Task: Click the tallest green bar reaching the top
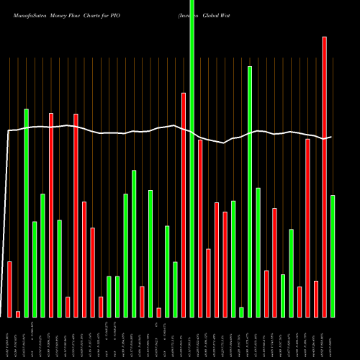[192, 158]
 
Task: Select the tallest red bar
[324, 176]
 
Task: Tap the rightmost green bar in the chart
[333, 256]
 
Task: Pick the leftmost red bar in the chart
[10, 289]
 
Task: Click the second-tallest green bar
[250, 192]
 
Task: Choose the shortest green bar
[241, 312]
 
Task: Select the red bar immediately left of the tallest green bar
[184, 204]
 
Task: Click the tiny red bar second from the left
[18, 314]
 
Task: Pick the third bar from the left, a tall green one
[27, 212]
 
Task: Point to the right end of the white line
[331, 137]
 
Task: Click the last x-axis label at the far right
[333, 339]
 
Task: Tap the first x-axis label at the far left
[10, 339]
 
